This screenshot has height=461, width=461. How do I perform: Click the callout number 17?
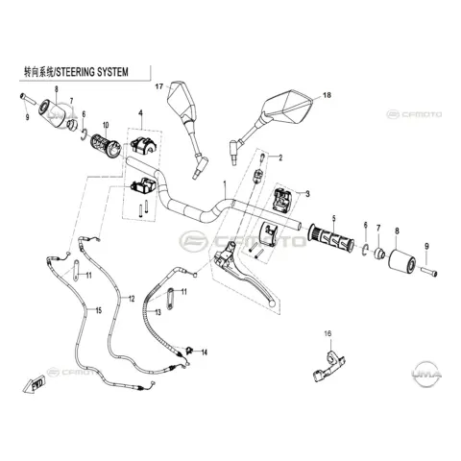click(159, 86)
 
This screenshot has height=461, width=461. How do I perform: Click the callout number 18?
click(327, 95)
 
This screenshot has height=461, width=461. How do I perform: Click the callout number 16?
click(328, 333)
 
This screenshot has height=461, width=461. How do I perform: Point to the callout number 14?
click(204, 352)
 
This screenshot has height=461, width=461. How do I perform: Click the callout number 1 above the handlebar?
click(225, 184)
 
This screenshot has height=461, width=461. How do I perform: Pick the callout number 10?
click(106, 125)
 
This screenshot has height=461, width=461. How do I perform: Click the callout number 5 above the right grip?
click(334, 219)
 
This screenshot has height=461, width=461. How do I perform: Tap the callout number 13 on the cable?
click(158, 312)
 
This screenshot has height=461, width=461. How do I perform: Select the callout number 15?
click(98, 310)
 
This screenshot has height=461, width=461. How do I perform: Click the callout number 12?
click(132, 299)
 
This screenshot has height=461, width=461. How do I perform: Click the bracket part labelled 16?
click(329, 366)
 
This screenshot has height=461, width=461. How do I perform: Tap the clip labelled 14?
click(188, 350)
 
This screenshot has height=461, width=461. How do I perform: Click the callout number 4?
click(140, 112)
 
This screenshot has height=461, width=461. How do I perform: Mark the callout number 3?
click(307, 194)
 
